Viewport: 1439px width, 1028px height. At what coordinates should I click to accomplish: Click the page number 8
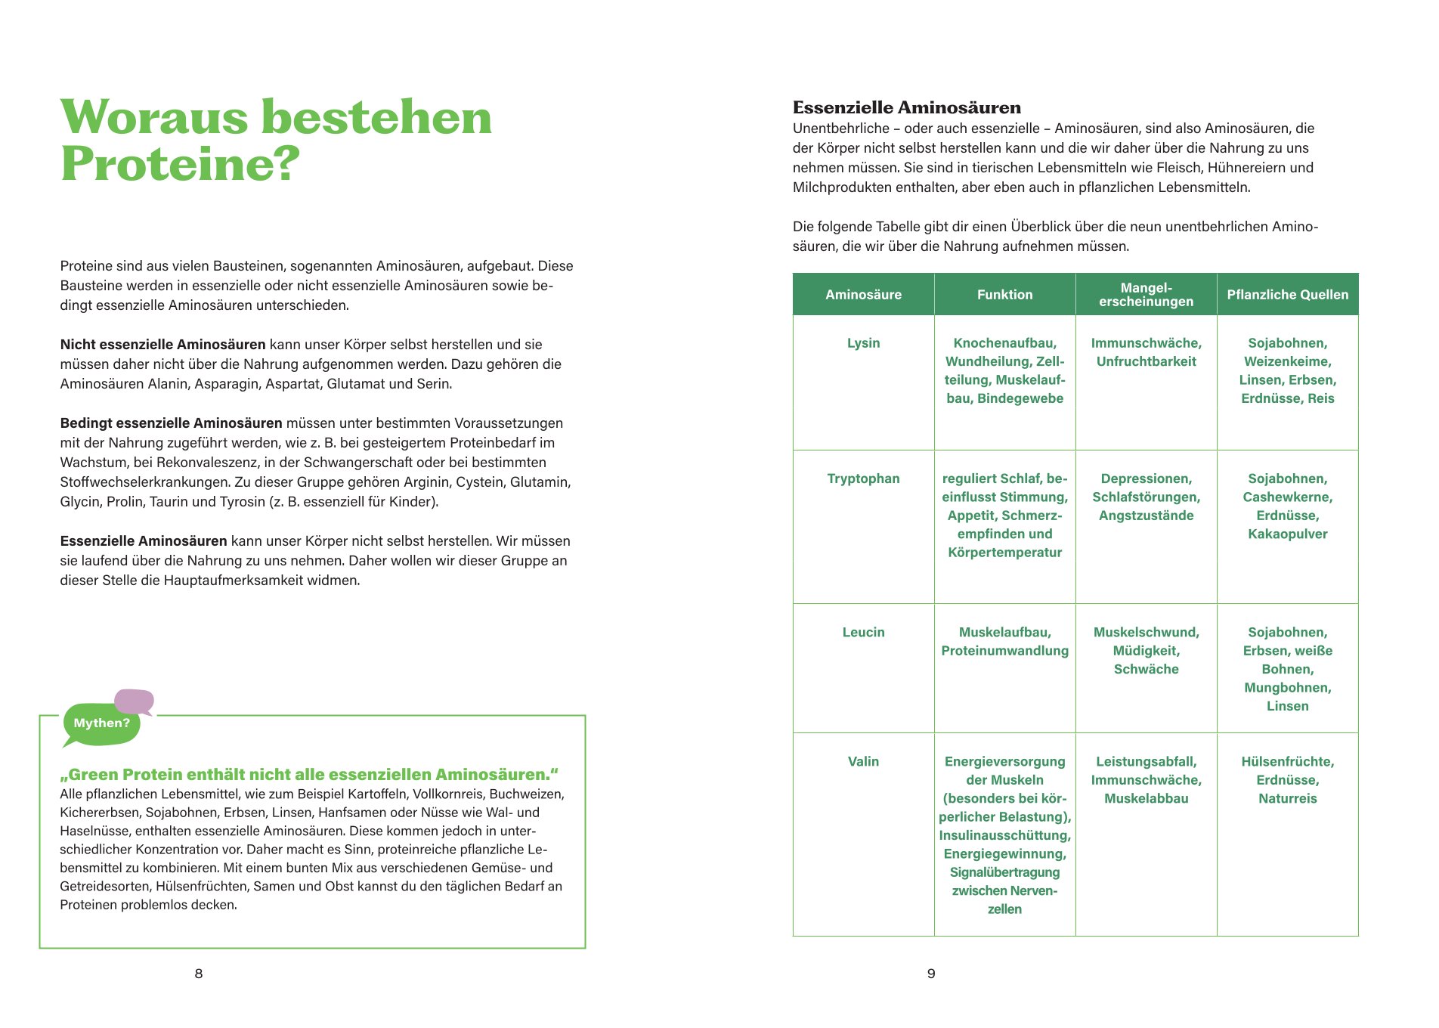coord(199,974)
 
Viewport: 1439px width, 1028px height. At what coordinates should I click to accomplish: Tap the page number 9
coord(931,974)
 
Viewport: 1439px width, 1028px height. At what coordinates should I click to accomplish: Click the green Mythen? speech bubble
coord(101,723)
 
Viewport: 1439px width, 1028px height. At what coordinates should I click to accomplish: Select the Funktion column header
coord(1004,295)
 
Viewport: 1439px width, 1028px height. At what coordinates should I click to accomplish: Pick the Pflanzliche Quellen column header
coord(1287,295)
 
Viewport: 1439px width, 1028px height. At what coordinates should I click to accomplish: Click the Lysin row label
coord(863,343)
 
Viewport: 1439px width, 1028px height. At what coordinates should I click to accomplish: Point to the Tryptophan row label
coord(863,478)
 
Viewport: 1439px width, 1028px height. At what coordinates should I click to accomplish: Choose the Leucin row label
coord(863,632)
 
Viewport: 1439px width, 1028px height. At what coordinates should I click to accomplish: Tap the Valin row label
coord(863,761)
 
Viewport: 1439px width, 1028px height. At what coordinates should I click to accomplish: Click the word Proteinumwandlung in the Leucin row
coord(1004,651)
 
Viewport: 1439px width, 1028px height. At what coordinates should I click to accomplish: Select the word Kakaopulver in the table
coord(1287,534)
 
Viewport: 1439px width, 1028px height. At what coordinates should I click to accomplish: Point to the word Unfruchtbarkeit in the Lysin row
coord(1146,361)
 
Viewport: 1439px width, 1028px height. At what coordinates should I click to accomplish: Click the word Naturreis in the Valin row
coord(1287,798)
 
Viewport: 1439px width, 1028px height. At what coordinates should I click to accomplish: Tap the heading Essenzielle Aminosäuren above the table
coord(906,107)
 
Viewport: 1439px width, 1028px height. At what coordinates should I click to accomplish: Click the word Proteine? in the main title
coord(180,163)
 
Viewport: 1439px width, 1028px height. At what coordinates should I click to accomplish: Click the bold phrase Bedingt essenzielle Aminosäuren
coord(171,423)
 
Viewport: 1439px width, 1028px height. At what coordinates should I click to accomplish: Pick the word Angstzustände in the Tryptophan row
coord(1146,516)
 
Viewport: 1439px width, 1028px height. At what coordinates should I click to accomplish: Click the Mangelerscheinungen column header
coord(1146,295)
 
